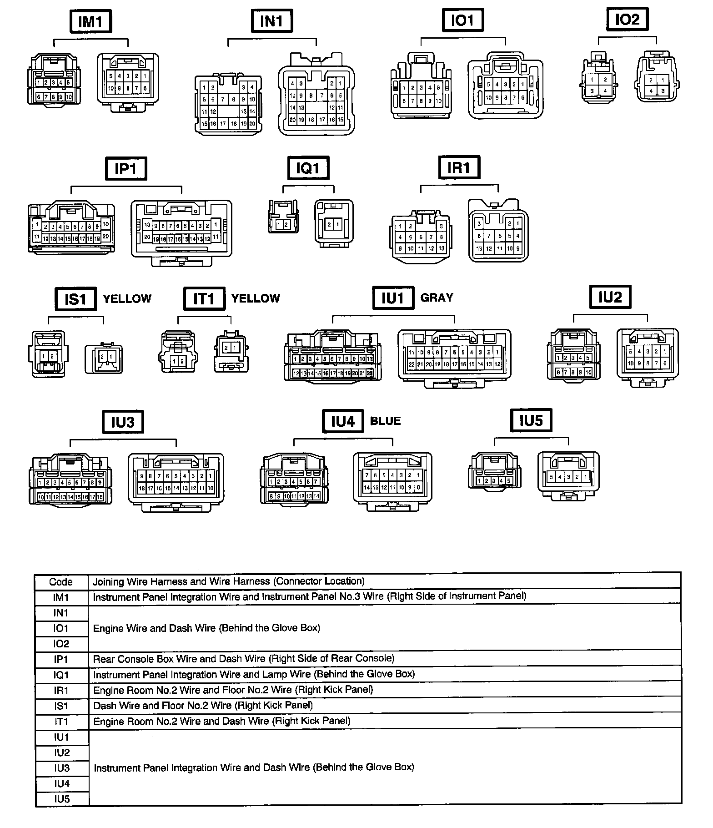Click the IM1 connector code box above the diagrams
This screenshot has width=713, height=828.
(x=90, y=21)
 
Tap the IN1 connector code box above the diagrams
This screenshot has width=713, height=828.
(x=272, y=20)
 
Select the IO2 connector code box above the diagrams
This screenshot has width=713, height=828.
(x=627, y=20)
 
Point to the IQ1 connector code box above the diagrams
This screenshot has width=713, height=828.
(x=308, y=169)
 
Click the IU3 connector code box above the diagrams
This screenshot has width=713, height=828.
(x=123, y=422)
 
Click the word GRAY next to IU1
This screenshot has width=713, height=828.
(x=437, y=298)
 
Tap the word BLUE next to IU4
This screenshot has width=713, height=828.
(x=385, y=421)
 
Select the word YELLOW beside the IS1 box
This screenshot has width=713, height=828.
(x=127, y=298)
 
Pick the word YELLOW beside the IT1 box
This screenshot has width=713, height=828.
(x=256, y=298)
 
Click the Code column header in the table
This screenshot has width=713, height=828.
(x=61, y=582)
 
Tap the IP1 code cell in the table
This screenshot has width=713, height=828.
(x=61, y=659)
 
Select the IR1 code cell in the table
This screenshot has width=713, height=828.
(x=61, y=691)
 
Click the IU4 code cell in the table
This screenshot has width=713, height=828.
(x=61, y=783)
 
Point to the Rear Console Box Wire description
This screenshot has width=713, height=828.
(x=244, y=659)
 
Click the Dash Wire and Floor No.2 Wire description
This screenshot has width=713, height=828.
(x=203, y=706)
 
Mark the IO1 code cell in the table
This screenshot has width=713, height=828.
(x=61, y=628)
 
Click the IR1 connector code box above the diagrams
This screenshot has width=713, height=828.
(x=459, y=168)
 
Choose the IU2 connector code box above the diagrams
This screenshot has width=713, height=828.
(x=610, y=297)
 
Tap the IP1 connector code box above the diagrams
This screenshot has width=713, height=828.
(x=126, y=169)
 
